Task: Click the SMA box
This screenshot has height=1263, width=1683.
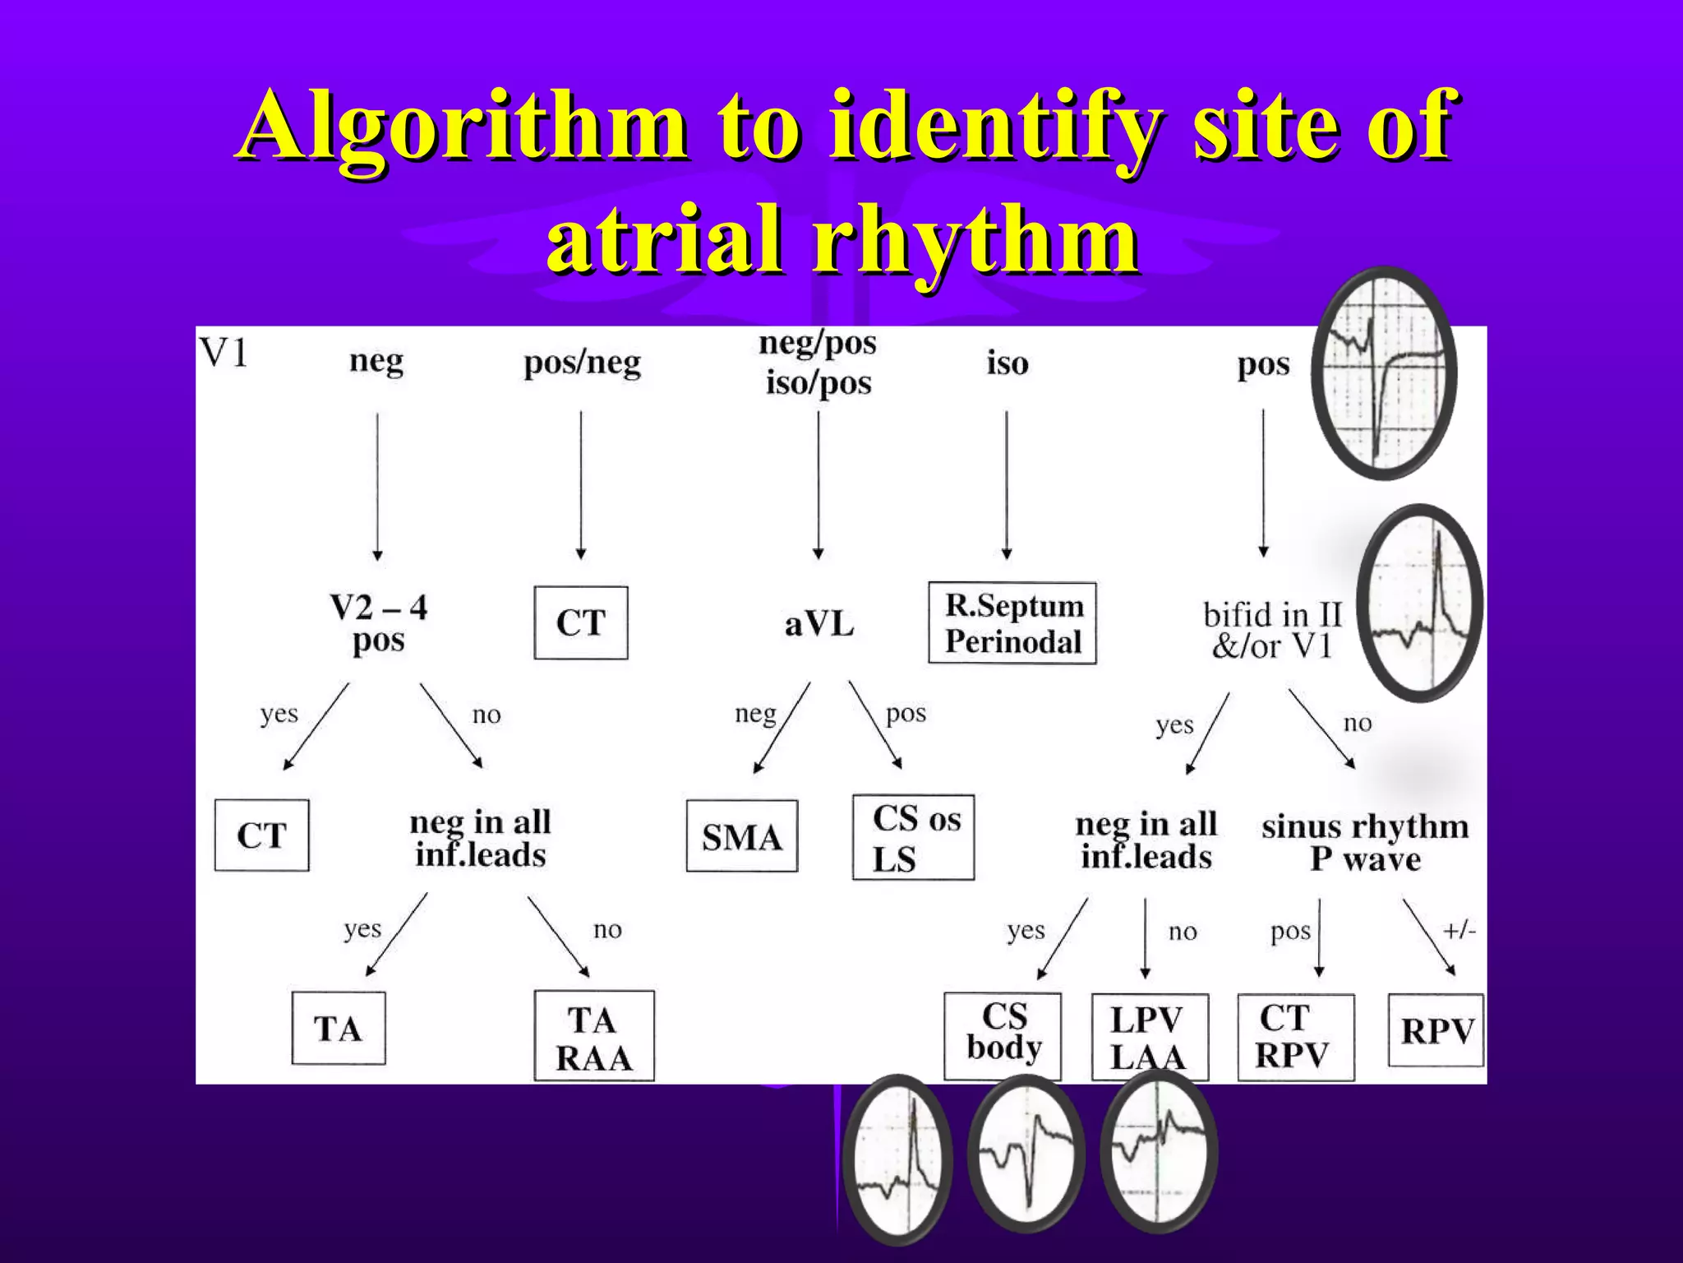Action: tap(741, 835)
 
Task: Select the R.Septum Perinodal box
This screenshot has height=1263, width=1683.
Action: tap(1012, 623)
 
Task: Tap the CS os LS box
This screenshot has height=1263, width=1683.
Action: tap(913, 837)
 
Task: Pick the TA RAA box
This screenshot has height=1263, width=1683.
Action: tap(594, 1036)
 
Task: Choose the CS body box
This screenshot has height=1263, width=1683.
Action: tap(1003, 1036)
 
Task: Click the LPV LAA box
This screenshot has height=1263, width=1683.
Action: tap(1149, 1037)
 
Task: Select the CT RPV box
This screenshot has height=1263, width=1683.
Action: tap(1295, 1037)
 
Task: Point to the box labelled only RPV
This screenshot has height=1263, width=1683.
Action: tap(1436, 1030)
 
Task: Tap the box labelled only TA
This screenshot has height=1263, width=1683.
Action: tap(338, 1029)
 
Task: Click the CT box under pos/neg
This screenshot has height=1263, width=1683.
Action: tap(581, 622)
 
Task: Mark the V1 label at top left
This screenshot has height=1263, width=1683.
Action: tap(224, 354)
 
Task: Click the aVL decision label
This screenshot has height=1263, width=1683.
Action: tap(819, 624)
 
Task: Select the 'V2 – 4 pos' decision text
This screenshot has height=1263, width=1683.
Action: tap(378, 623)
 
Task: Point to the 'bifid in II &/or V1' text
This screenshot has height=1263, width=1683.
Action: tap(1271, 630)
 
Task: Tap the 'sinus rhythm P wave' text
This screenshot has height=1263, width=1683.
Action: tap(1365, 842)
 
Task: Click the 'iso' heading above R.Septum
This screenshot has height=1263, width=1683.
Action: tap(1007, 363)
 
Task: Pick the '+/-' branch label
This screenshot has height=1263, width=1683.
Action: tap(1459, 931)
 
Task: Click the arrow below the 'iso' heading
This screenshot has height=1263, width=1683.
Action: tap(1007, 485)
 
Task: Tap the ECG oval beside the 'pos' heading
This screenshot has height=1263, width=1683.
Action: tap(1384, 372)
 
